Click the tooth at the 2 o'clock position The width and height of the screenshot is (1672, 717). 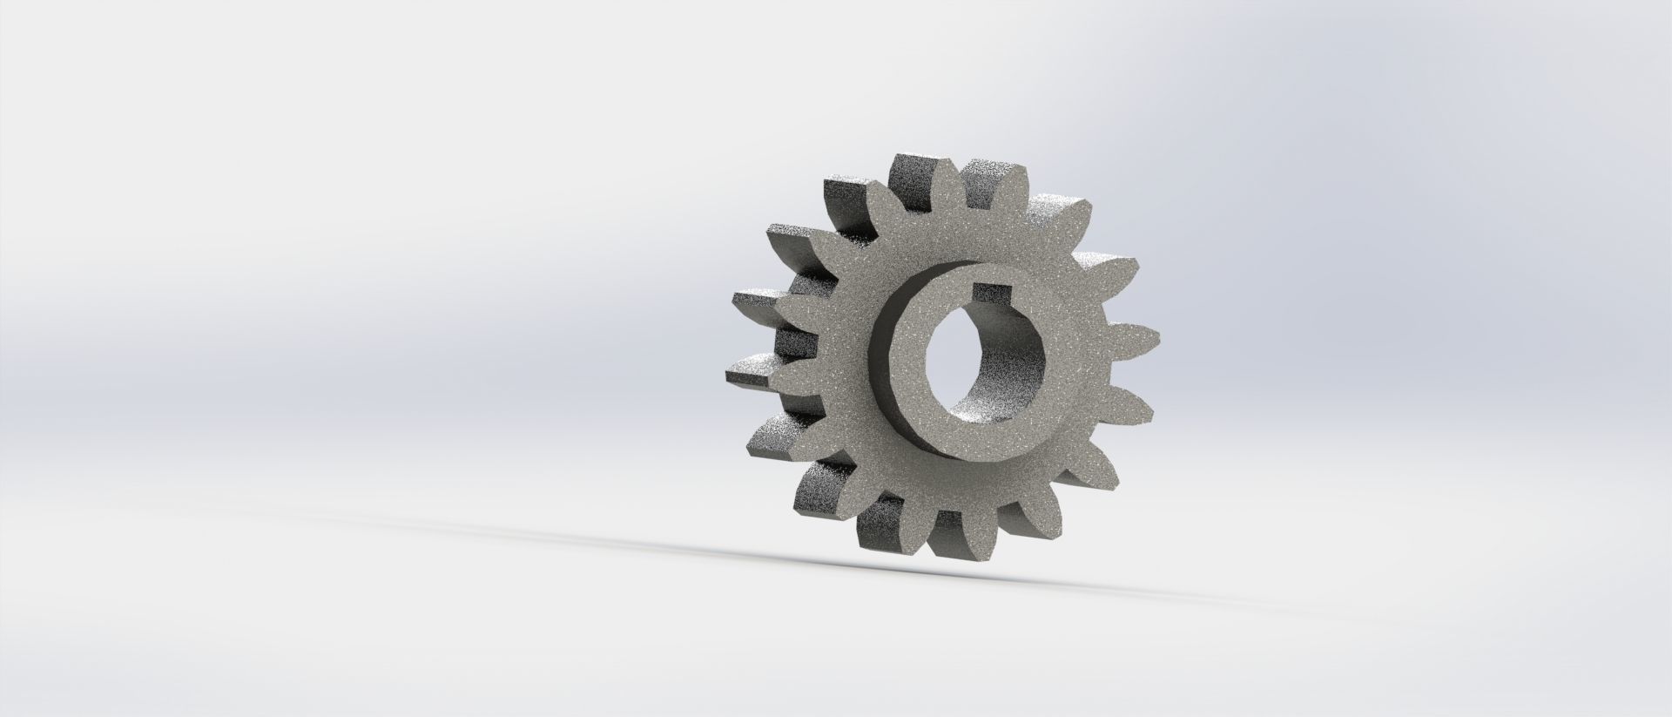coord(1115,266)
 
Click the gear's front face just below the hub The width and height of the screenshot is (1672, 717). coord(967,488)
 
